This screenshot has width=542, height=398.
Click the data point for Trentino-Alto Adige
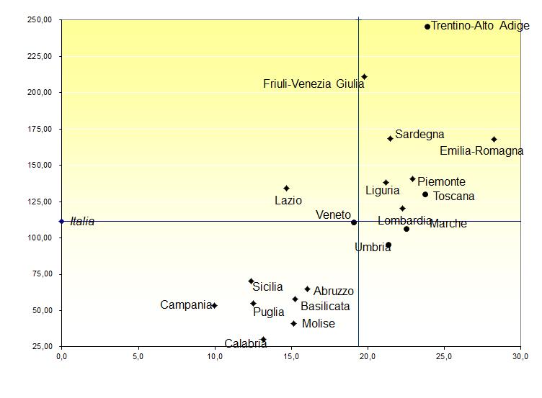point(427,27)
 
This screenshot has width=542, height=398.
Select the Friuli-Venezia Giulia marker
point(364,76)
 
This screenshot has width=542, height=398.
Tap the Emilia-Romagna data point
point(494,139)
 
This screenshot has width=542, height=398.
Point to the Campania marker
point(214,305)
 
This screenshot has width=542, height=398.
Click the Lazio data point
point(286,189)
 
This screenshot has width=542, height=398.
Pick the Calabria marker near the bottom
point(263,339)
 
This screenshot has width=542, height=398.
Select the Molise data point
point(293,323)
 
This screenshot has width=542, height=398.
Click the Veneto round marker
point(354,222)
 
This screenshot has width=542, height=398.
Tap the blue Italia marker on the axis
point(61,221)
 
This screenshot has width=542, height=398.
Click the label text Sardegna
point(419,135)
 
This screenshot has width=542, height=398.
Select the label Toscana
point(453,196)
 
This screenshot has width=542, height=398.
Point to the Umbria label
point(373,248)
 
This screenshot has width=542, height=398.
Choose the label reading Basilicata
point(325,307)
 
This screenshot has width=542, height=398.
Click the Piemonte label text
point(441,182)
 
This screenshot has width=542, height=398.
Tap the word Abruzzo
point(334,291)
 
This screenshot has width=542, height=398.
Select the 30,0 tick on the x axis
point(520,356)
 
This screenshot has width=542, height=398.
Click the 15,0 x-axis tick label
point(291,356)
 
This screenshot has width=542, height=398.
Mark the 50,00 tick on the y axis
point(40,310)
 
